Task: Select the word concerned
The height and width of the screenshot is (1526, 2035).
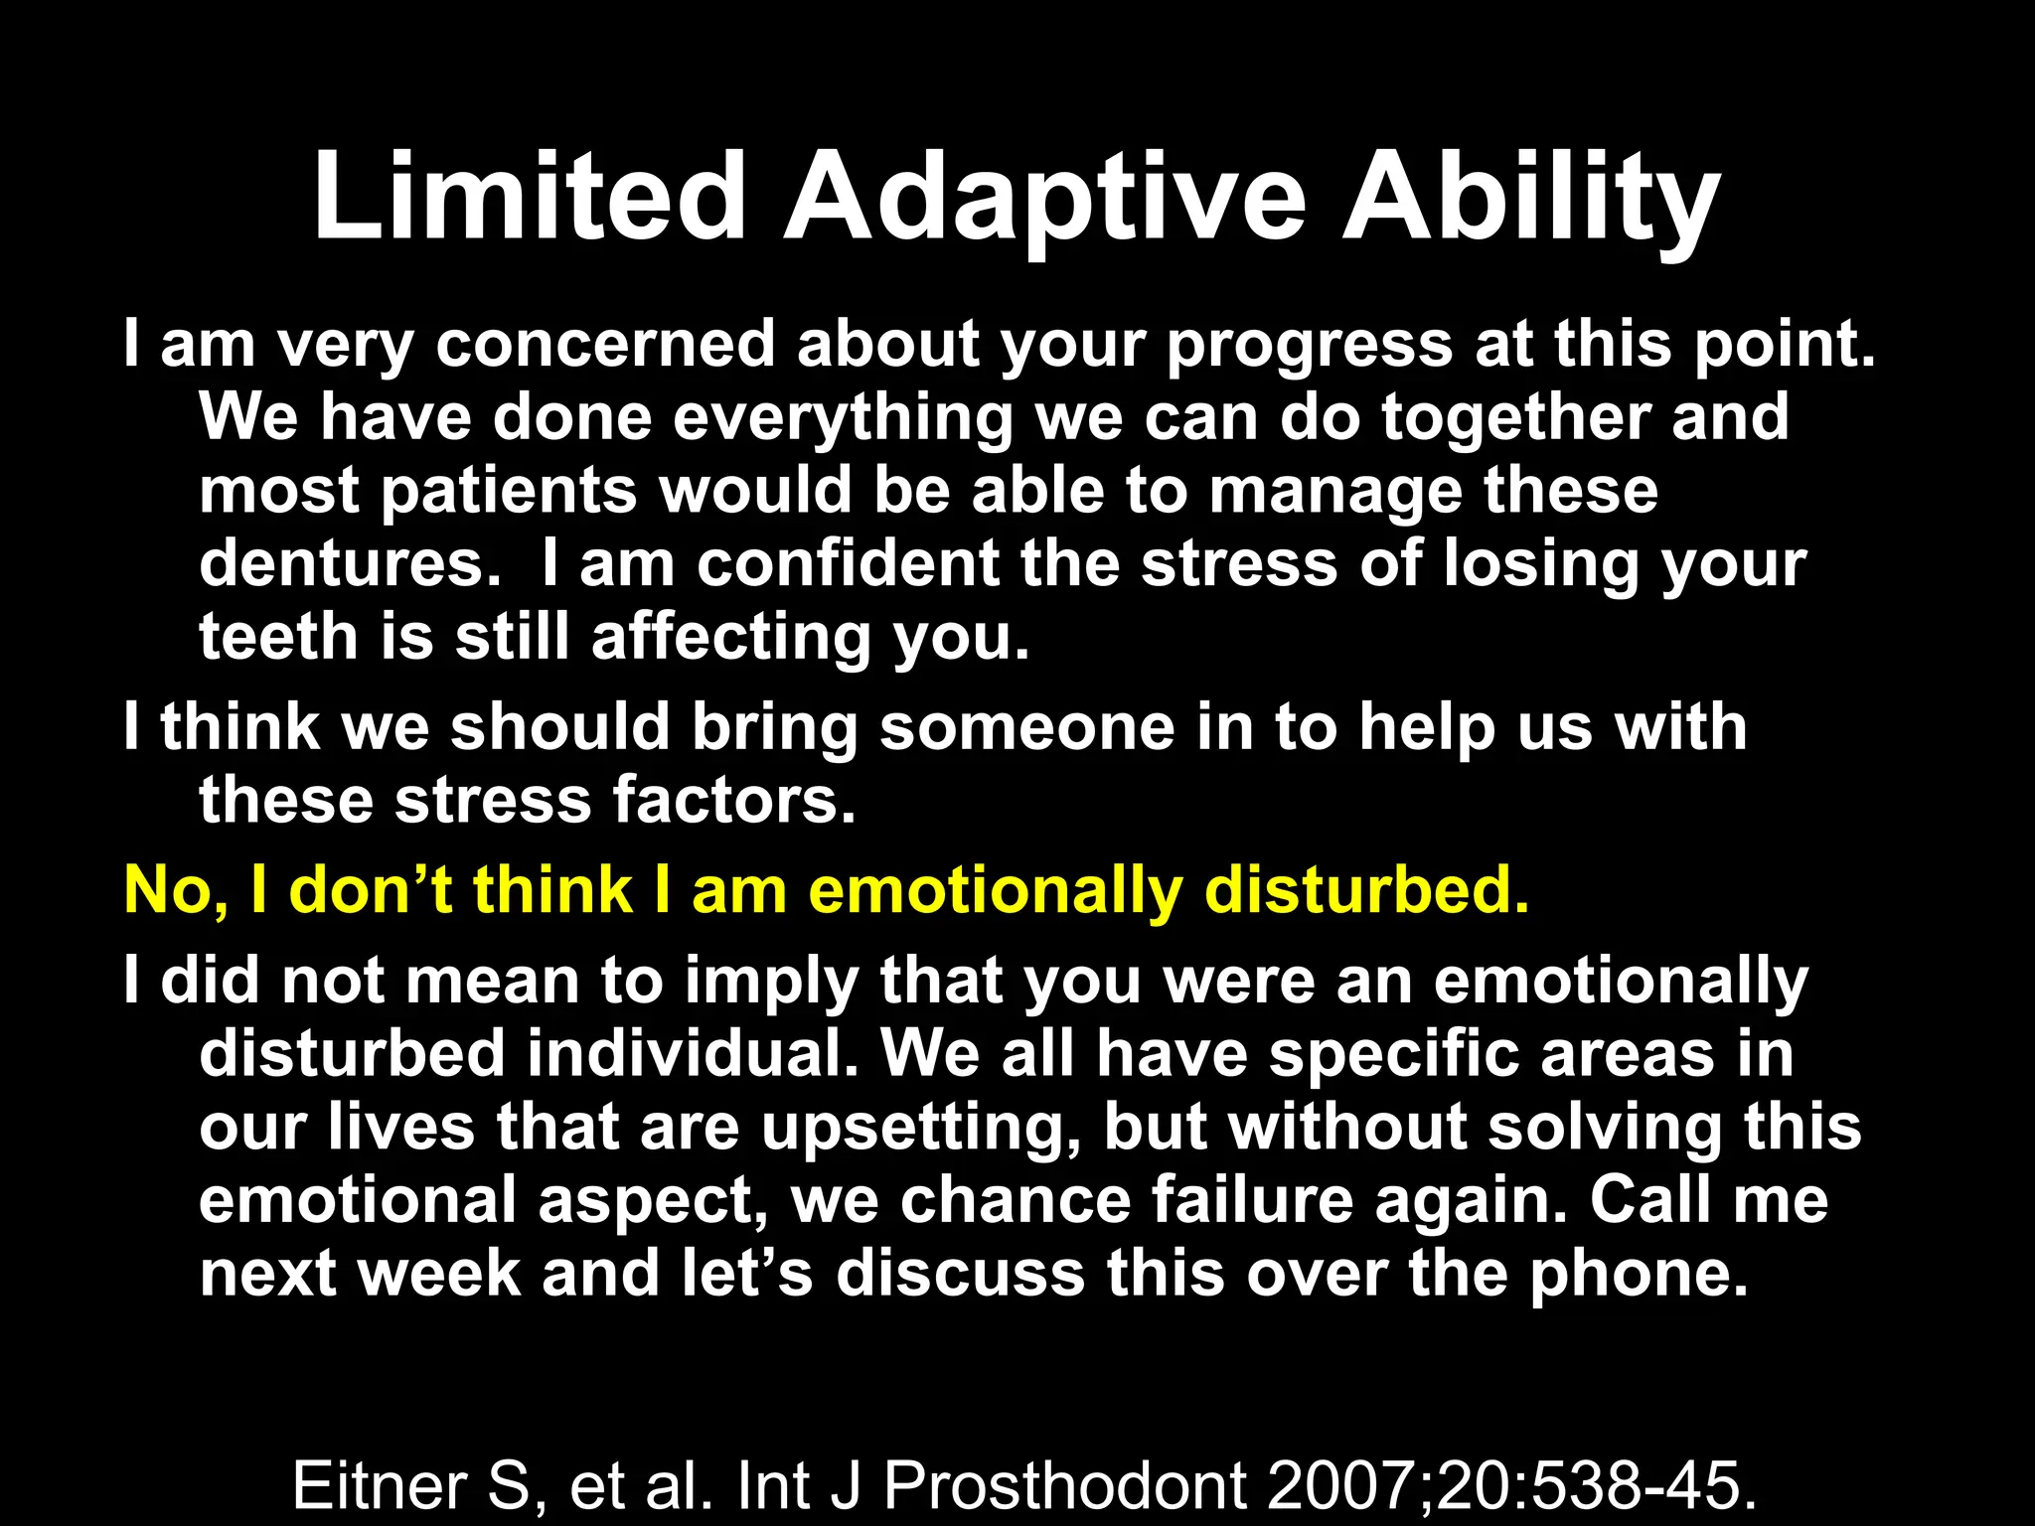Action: click(604, 345)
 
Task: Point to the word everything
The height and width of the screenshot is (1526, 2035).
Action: click(843, 417)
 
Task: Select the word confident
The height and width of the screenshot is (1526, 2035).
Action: click(848, 563)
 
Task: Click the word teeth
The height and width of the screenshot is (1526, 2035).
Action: click(278, 637)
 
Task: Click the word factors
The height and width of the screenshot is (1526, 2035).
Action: click(733, 801)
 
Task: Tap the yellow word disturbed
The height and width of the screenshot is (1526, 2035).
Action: click(1365, 889)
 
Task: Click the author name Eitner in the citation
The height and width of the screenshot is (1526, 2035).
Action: click(380, 1486)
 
